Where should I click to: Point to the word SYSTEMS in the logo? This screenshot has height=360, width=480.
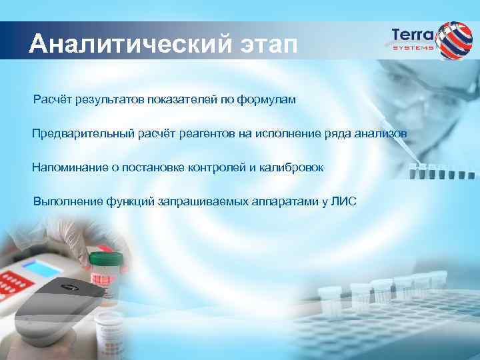pyautogui.click(x=413, y=48)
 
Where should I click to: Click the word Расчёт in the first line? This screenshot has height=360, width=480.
pyautogui.click(x=55, y=99)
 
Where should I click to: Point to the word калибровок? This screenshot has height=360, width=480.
pyautogui.click(x=292, y=167)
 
